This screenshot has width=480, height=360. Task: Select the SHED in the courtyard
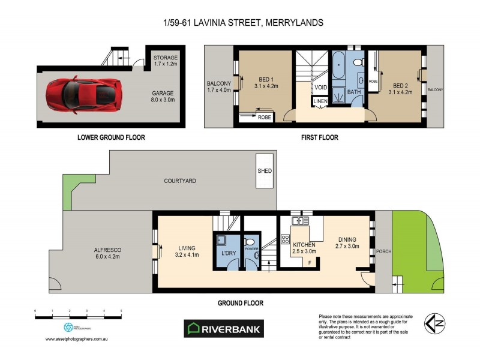point(265,171)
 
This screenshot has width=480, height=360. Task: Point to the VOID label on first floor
point(320,88)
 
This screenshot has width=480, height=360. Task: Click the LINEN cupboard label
point(320,103)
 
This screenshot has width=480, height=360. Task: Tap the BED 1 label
point(266,80)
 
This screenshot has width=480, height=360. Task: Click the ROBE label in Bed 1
point(265,118)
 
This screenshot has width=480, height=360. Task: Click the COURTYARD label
point(179,181)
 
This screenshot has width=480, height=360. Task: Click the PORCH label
point(382,252)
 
